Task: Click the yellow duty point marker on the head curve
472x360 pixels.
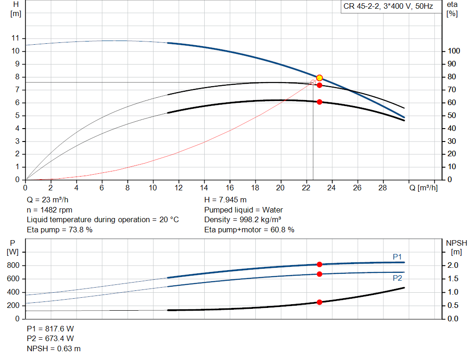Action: click(320, 78)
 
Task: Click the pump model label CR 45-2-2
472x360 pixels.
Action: click(361, 6)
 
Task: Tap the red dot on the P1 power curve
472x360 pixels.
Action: click(319, 264)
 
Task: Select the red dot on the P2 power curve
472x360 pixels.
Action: click(319, 274)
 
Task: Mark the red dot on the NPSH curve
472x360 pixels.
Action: click(319, 302)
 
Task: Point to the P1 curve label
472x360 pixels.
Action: click(397, 257)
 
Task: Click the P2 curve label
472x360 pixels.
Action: click(397, 278)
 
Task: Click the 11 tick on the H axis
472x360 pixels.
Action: click(15, 38)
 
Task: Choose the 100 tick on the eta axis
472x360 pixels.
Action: click(454, 51)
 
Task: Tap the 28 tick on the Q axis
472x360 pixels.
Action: click(382, 188)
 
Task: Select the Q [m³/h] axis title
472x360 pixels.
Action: click(424, 188)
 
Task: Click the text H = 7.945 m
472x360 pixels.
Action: click(225, 200)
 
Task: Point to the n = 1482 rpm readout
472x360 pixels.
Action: click(50, 210)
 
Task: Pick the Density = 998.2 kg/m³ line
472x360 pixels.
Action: click(242, 220)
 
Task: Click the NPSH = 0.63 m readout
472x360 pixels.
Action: click(53, 348)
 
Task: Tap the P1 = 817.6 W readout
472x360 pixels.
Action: click(50, 329)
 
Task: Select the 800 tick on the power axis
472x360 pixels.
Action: click(13, 265)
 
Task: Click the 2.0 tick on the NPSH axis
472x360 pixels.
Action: click(453, 265)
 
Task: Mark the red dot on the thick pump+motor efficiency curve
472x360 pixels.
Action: click(320, 102)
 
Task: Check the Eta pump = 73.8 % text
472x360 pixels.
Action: click(59, 230)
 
